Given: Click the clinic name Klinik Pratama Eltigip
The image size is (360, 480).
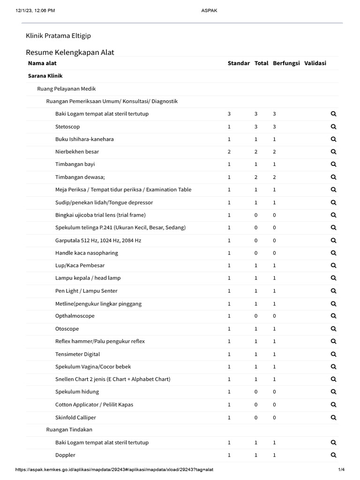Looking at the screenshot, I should pos(59,36).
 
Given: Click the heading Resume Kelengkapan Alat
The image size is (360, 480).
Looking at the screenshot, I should pos(70,52).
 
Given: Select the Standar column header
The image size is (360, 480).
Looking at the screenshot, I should pos(239,63).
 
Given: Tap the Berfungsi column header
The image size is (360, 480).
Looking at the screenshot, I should pos(286,63).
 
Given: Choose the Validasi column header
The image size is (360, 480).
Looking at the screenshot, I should pos(315,63).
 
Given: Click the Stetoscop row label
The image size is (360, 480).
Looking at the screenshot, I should pos(67,127).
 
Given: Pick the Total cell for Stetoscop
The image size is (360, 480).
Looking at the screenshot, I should pos(256,127).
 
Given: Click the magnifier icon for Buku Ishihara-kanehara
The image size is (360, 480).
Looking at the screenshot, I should pos(333,139).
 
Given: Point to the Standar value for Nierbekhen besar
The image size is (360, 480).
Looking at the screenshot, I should pos(229,152).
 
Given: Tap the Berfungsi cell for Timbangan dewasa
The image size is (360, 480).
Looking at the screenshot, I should pos(274,177).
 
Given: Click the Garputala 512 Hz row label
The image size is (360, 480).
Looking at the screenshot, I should pos(98,240).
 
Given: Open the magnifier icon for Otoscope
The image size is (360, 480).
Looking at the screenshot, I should pos(333,329).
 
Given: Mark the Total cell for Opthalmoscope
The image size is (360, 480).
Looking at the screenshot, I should pos(256,316).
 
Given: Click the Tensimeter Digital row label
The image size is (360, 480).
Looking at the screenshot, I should pos(77,354).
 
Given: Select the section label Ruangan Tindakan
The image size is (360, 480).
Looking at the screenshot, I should pos(69,429).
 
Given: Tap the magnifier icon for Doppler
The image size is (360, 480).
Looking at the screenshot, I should pos(333,455).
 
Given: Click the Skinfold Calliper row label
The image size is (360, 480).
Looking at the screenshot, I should pos(75,417).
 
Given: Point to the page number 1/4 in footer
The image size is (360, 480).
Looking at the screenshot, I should pos(341,470).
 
